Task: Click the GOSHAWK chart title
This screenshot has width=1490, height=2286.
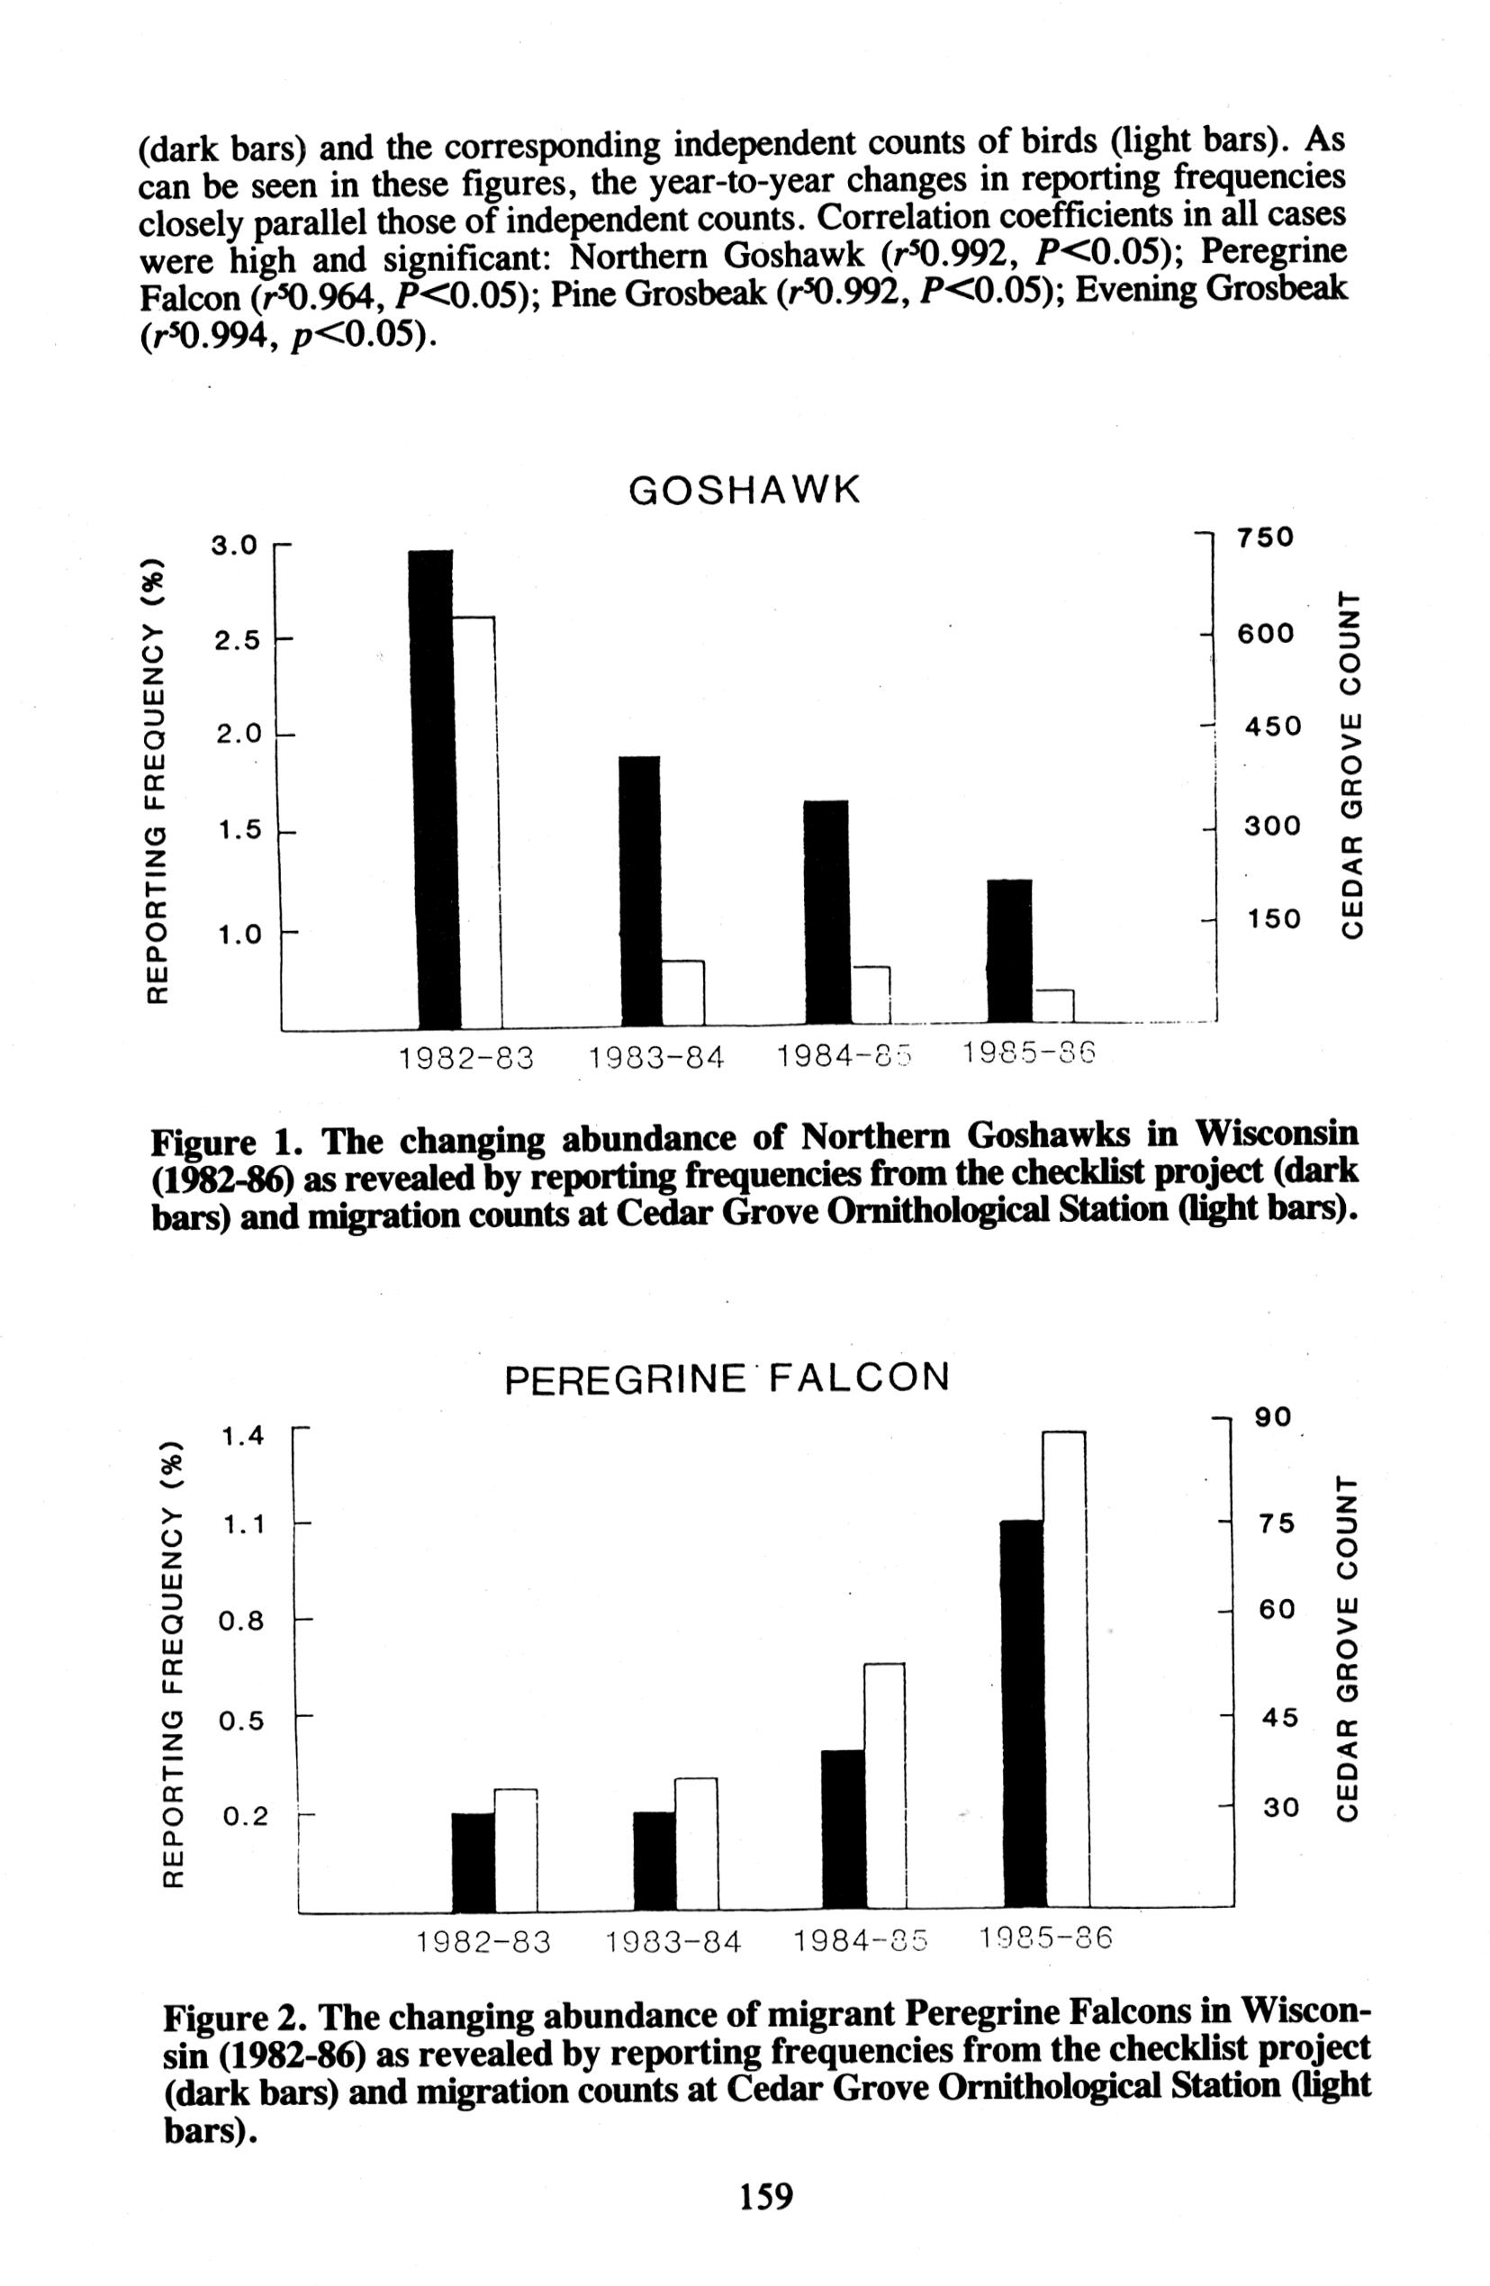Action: (743, 491)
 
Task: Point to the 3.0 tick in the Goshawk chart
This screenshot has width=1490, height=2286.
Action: (234, 547)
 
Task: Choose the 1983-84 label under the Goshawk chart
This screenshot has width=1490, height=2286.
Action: (656, 1060)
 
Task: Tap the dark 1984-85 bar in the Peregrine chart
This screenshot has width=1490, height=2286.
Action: (844, 1830)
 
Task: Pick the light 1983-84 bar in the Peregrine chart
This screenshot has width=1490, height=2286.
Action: (696, 1843)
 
